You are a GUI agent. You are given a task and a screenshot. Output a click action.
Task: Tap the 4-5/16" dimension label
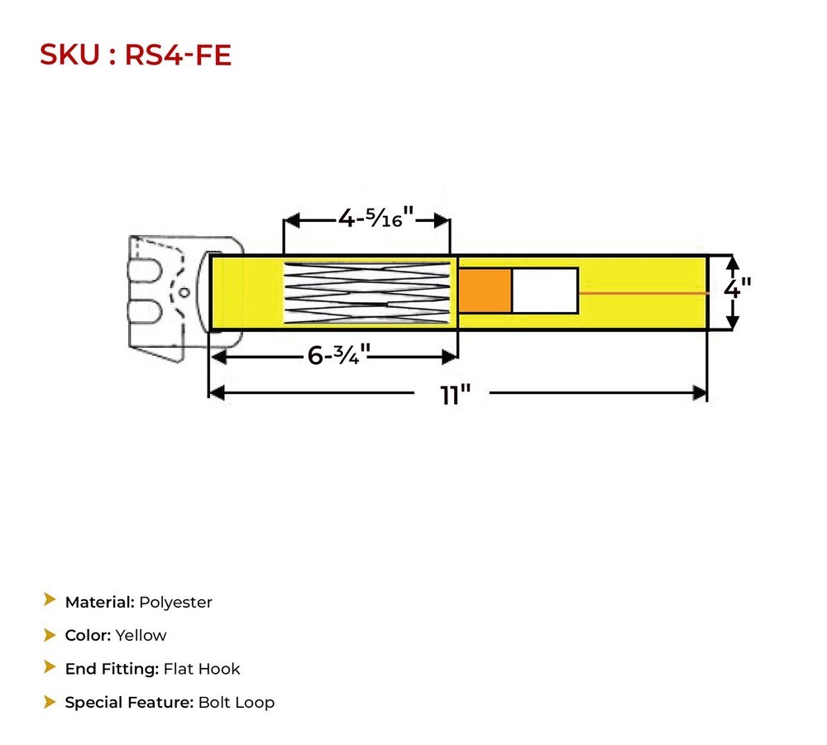coord(375,219)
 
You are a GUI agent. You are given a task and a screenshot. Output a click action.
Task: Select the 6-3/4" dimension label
coord(338,356)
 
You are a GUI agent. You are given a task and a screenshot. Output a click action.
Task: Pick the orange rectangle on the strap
coord(485,291)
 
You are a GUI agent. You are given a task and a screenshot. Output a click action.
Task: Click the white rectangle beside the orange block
coord(544,291)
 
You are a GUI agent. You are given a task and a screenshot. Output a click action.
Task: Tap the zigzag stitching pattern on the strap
coord(367,292)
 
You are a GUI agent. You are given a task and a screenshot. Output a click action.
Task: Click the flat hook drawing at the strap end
coord(165,294)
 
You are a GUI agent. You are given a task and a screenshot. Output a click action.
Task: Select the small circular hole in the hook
coord(185,291)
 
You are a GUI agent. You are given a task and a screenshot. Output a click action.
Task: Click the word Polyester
coord(175,603)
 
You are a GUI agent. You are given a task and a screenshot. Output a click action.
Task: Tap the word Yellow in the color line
coord(141,636)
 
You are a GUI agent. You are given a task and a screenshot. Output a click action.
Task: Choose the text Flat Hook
coord(202,669)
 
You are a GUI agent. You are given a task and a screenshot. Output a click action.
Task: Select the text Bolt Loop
coord(236,703)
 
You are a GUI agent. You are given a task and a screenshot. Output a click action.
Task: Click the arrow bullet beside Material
coord(50,601)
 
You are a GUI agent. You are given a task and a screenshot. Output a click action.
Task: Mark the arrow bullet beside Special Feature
coord(50,702)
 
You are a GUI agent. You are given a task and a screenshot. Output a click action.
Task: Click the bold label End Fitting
coord(112,669)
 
